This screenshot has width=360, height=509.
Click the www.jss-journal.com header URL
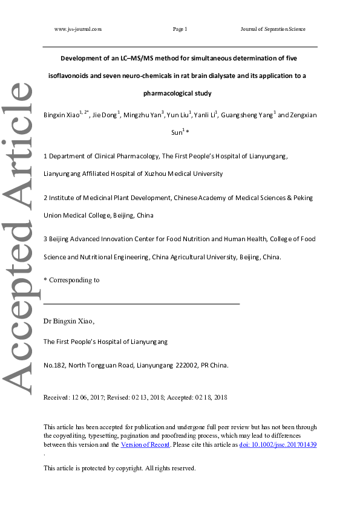click(x=77, y=29)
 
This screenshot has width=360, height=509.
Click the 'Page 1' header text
click(x=180, y=29)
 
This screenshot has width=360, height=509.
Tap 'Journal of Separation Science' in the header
click(x=273, y=29)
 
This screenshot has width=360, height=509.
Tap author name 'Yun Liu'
click(x=177, y=115)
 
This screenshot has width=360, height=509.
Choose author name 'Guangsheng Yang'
click(x=246, y=115)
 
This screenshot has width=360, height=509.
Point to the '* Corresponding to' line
click(x=72, y=280)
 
